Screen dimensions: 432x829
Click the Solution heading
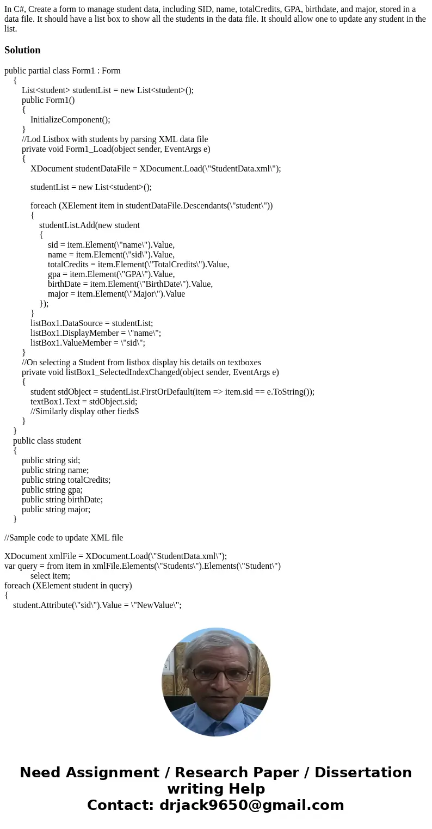(x=22, y=50)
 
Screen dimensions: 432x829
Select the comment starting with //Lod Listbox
(x=115, y=139)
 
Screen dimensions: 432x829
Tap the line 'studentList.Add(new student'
(x=89, y=225)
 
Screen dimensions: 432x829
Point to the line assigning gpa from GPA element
(x=111, y=274)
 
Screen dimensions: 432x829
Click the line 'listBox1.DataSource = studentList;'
(x=91, y=323)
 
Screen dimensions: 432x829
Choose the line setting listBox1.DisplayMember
(x=96, y=333)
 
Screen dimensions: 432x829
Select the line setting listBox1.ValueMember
(x=88, y=343)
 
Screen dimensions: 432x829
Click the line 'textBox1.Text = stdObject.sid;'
(x=84, y=402)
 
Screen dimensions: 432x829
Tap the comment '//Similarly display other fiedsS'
(x=84, y=412)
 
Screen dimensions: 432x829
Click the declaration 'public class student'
(x=47, y=441)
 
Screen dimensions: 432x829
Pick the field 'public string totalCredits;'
(x=66, y=480)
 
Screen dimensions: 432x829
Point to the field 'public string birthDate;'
(x=62, y=500)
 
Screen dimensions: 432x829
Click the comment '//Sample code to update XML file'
(x=64, y=538)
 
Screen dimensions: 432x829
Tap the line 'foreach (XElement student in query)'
(x=68, y=586)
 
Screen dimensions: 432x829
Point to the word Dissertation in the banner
(x=363, y=773)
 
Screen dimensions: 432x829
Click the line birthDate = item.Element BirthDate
(x=130, y=284)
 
